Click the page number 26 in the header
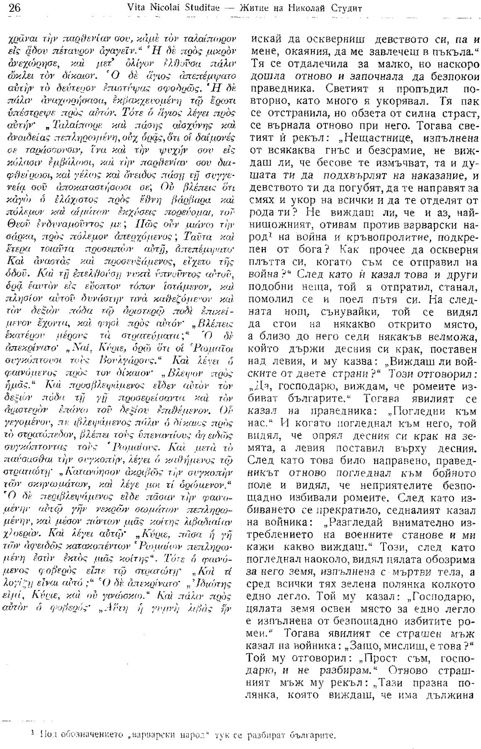(10, 8)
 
